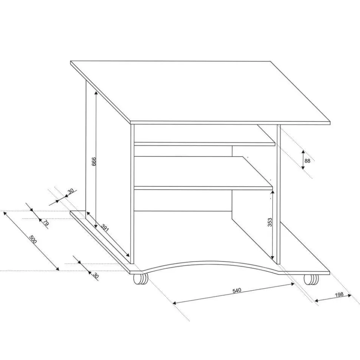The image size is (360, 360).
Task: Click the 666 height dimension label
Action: coord(94,162)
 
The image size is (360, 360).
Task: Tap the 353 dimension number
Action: coord(270,222)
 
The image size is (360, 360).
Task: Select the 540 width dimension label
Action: coord(237,290)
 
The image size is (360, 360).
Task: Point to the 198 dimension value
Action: coord(339,295)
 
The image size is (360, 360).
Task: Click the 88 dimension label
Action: coord(307,161)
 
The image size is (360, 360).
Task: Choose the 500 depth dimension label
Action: coord(33,240)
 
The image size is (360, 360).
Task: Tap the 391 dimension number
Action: coord(105,228)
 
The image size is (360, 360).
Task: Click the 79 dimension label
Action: coord(46,223)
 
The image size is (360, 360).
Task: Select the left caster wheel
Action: coord(140,280)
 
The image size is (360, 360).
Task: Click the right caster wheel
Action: coord(311,280)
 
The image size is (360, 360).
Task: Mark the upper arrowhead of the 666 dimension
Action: coord(96,92)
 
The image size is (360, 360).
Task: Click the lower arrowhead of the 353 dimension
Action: coord(272,257)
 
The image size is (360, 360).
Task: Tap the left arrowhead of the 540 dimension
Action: coord(174,303)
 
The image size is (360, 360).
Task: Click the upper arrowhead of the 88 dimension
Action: coord(303,152)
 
